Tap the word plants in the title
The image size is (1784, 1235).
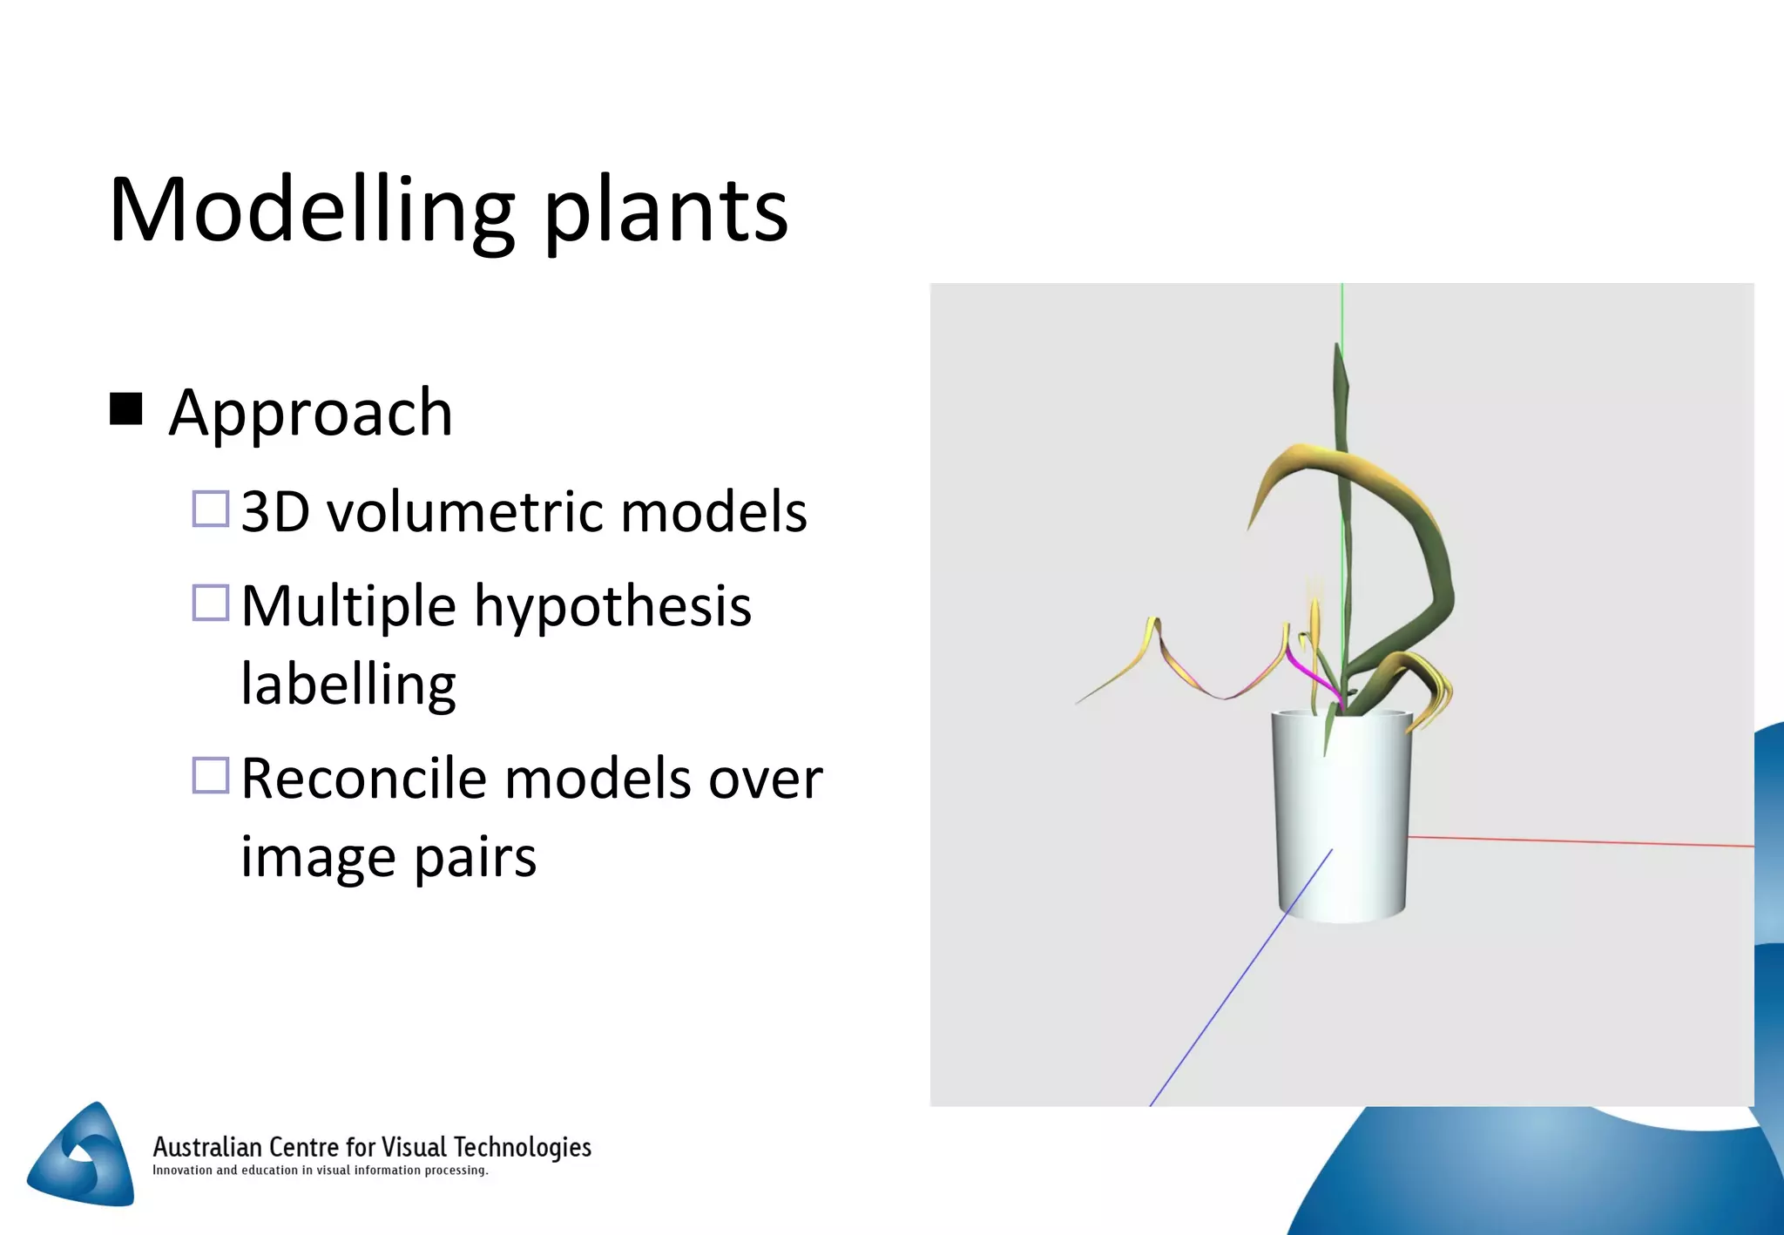tap(666, 212)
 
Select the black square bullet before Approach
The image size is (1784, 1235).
tap(126, 408)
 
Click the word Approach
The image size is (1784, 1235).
tap(311, 414)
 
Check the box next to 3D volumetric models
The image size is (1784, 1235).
tap(210, 510)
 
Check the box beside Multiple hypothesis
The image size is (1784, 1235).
tap(210, 603)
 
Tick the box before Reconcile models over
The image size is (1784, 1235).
tap(210, 775)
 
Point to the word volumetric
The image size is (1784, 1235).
tap(465, 511)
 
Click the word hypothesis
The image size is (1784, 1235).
tap(612, 607)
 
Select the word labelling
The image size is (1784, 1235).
tap(348, 685)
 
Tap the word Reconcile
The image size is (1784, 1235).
tap(364, 778)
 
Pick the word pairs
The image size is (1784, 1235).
tap(475, 859)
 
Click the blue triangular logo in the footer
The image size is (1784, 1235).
tap(83, 1157)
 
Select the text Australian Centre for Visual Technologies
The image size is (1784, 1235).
tap(372, 1146)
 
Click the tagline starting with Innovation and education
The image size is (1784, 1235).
tap(320, 1171)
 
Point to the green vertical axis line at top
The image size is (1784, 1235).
tap(1342, 314)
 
